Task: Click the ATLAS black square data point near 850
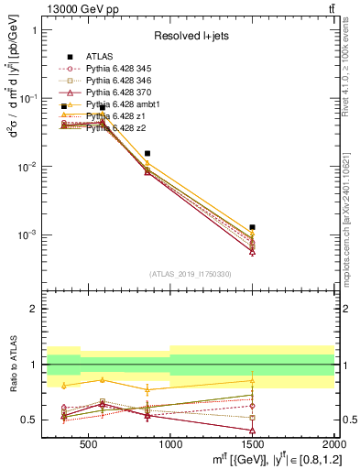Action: pyautogui.click(x=147, y=153)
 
